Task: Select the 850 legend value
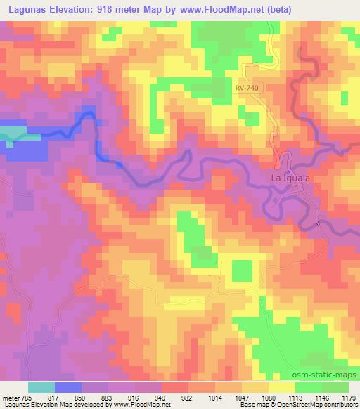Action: pyautogui.click(x=82, y=396)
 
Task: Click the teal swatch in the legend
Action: pyautogui.click(x=41, y=387)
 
